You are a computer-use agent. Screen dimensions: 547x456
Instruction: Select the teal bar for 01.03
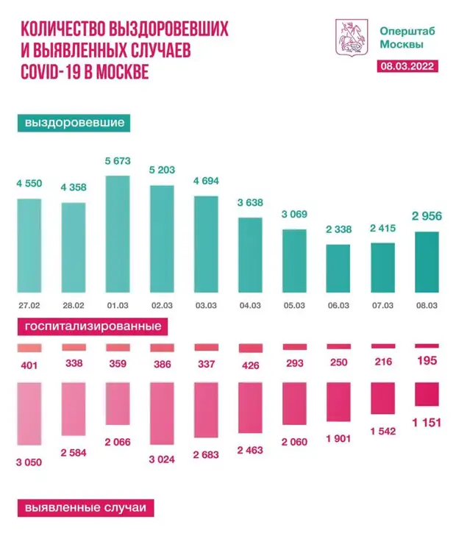tap(118, 234)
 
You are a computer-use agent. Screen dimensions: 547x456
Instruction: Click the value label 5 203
tap(162, 171)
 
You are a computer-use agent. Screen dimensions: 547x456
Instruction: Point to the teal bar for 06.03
tap(338, 269)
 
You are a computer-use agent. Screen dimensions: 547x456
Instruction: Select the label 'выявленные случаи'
tap(85, 508)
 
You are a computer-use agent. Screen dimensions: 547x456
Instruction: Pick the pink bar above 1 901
tap(338, 401)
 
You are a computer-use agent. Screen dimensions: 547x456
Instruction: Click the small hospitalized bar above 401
tap(30, 348)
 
